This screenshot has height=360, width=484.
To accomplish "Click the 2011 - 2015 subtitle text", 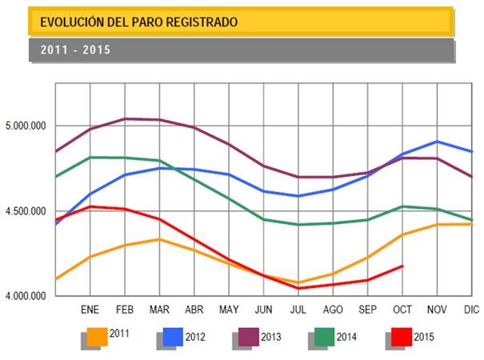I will point(74,50).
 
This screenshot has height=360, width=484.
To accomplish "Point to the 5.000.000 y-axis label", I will point(27,126).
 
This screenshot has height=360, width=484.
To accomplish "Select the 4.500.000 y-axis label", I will point(27,211).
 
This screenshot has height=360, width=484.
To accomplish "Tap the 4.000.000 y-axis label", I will point(27,296).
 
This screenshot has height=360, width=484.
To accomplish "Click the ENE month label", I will point(90,309).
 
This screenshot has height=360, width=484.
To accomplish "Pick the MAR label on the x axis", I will point(160,309).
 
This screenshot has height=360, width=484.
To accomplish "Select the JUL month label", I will point(298,309).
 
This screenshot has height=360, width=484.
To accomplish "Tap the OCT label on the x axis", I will point(402,309).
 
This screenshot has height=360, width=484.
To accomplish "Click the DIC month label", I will point(470,309).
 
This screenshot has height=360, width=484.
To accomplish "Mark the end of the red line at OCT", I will point(402,266).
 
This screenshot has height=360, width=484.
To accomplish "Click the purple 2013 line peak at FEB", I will point(126,118).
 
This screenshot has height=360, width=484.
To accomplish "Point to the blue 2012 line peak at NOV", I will point(437,142).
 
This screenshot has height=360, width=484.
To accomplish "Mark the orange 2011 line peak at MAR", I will point(160,239).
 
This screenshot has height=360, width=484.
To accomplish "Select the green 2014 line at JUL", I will point(298,224).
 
